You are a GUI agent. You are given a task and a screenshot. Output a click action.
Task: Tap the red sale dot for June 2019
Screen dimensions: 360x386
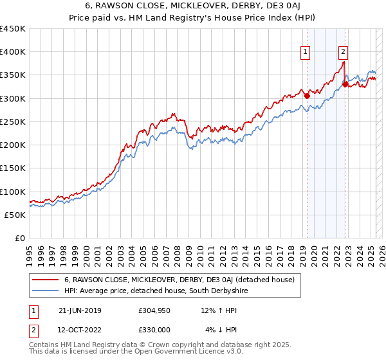point(307,96)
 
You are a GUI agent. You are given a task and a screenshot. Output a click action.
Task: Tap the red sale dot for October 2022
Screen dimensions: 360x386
point(345,84)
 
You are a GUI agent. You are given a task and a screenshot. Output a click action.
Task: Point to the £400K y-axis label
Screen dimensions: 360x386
point(13,52)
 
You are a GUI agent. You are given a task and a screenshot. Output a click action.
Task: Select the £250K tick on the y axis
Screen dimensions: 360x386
point(13,122)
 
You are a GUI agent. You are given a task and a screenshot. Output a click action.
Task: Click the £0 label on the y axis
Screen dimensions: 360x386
point(19,238)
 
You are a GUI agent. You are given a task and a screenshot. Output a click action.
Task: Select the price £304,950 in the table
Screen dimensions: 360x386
point(154,310)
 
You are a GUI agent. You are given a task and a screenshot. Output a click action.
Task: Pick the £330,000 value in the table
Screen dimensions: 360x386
point(154,330)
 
